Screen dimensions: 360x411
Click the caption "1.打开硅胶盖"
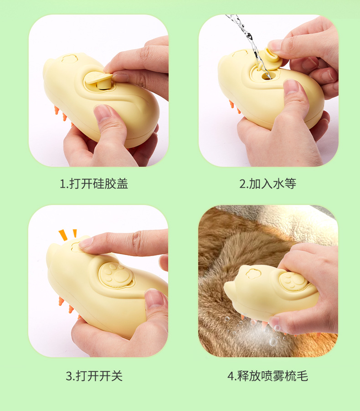94,184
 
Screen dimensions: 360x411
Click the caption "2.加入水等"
267,184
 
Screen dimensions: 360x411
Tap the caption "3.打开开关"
94,376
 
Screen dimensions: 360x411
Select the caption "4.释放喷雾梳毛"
267,376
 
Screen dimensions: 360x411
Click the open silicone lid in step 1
99,78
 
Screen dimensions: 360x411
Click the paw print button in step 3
116,275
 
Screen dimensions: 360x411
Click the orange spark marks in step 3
68,235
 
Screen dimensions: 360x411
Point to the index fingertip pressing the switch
86,243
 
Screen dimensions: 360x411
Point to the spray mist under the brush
258,333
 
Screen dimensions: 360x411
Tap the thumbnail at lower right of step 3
154,298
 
